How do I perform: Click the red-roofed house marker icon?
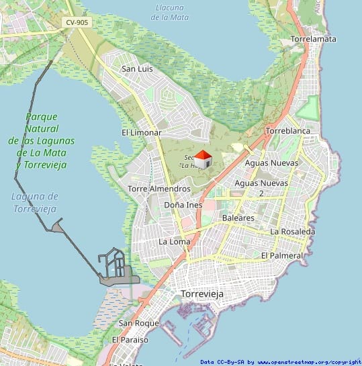click(203, 159)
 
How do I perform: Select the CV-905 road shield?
click(77, 22)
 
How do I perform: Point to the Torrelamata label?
click(314, 39)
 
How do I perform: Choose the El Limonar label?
click(141, 132)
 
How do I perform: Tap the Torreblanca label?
click(287, 130)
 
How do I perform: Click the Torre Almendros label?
click(159, 189)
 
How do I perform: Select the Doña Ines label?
click(183, 204)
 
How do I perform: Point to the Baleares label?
click(238, 218)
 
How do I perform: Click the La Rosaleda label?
click(292, 231)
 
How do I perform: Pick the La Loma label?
click(173, 240)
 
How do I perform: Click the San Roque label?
click(138, 323)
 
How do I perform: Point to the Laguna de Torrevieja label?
click(35, 202)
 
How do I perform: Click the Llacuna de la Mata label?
click(170, 12)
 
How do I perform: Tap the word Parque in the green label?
click(42, 116)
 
